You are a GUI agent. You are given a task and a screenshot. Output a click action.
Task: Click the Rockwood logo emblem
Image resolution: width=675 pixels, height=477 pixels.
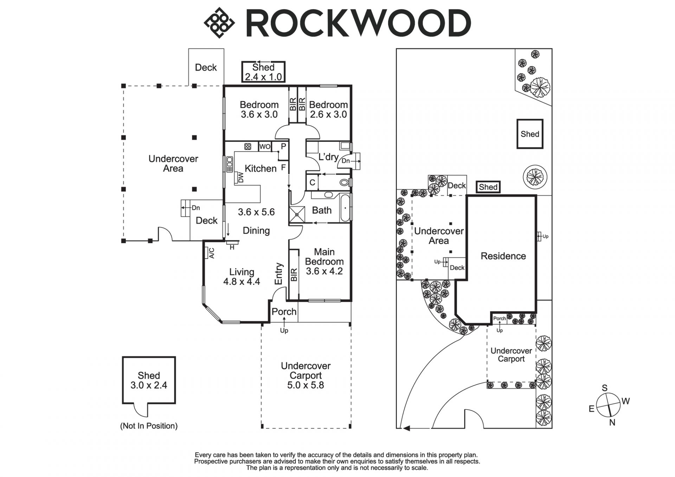(219, 23)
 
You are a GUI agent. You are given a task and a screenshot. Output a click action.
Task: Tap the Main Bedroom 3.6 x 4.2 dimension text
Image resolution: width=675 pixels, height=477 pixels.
(324, 271)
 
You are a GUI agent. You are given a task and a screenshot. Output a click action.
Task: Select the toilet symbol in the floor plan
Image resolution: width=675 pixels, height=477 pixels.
(345, 183)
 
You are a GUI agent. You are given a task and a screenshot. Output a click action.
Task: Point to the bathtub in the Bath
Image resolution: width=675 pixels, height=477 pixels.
(345, 208)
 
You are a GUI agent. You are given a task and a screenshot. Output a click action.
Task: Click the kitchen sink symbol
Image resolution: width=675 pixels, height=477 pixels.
(230, 164)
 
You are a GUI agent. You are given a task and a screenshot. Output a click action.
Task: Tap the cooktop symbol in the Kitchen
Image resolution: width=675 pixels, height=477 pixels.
(247, 146)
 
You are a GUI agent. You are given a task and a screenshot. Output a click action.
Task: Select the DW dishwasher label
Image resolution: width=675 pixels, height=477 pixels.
(241, 178)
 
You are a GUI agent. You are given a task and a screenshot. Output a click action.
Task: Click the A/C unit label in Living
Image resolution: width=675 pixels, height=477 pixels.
(212, 253)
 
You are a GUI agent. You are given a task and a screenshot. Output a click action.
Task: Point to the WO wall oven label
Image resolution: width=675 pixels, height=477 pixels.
(265, 146)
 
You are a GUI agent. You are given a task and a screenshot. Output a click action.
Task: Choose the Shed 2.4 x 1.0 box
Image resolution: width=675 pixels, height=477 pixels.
(263, 72)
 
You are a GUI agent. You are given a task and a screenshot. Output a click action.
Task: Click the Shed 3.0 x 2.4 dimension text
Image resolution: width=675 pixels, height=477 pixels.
(149, 385)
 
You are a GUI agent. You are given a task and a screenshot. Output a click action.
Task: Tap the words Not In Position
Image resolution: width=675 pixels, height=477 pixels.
(149, 426)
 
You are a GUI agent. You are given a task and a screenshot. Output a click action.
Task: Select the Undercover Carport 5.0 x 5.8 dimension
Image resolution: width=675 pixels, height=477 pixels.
(306, 385)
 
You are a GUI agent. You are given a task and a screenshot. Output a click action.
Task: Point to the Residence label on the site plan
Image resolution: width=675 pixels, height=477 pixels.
(503, 256)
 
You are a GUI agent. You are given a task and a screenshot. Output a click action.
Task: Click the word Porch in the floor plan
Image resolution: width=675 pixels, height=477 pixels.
(284, 312)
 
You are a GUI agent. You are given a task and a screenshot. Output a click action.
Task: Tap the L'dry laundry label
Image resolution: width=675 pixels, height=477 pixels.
(328, 157)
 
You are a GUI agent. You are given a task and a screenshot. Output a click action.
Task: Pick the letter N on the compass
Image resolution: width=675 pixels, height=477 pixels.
(612, 423)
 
